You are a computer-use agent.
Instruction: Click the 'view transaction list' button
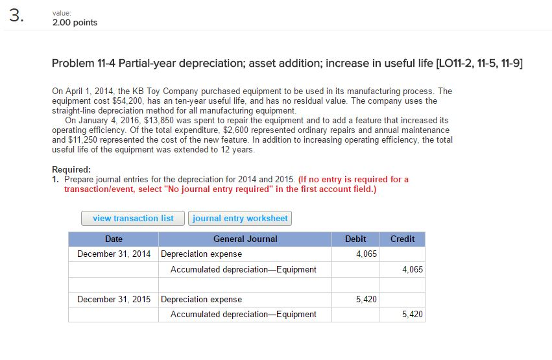tap(133, 218)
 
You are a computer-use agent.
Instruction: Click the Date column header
tap(114, 239)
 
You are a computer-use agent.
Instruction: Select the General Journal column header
tap(245, 239)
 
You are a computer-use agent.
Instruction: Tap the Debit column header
tap(355, 239)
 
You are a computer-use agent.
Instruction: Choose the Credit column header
tap(402, 239)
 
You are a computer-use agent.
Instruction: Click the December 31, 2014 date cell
tap(114, 254)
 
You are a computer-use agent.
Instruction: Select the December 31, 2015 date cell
tap(114, 299)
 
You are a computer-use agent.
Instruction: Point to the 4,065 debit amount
tap(366, 254)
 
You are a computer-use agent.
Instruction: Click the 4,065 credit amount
tap(413, 270)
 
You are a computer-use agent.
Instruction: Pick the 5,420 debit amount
tap(366, 299)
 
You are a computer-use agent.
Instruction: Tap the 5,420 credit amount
tap(413, 314)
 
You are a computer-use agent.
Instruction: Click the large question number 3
tap(17, 16)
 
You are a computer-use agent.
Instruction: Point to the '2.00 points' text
tap(75, 23)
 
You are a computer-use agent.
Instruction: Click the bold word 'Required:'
tap(71, 169)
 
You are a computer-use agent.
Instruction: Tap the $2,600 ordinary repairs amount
tap(236, 130)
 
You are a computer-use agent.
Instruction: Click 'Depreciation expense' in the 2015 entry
tap(201, 299)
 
